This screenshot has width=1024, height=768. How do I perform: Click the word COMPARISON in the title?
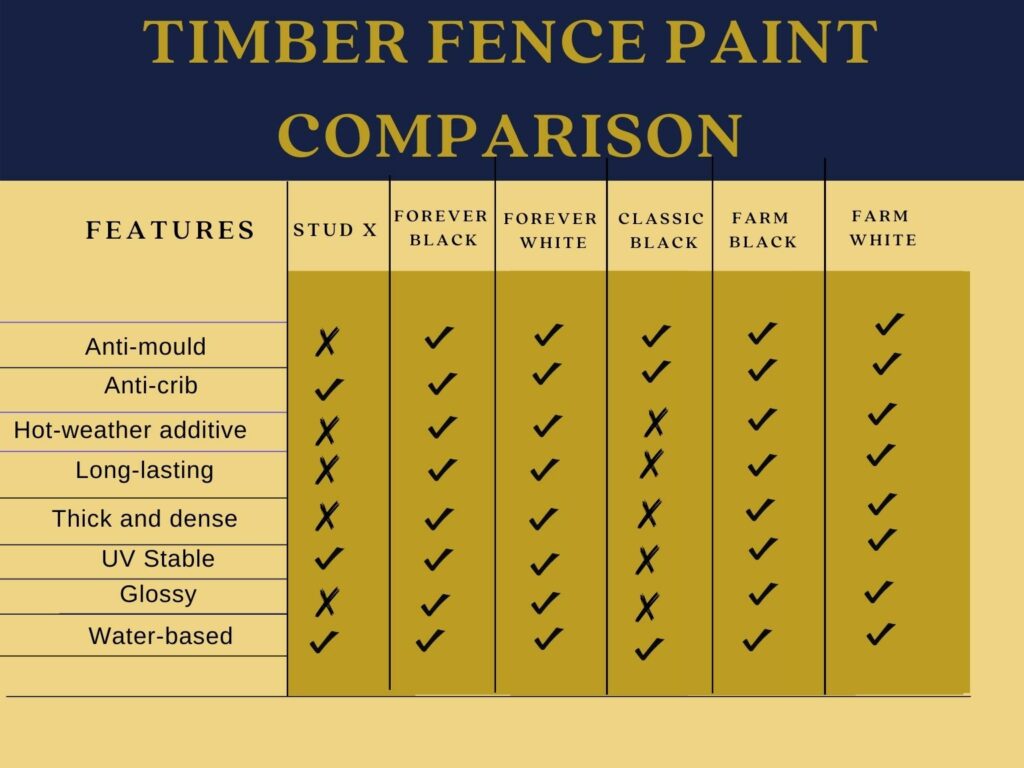click(x=510, y=135)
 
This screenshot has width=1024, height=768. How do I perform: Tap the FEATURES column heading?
click(x=170, y=231)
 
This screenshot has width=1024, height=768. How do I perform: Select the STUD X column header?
click(x=335, y=230)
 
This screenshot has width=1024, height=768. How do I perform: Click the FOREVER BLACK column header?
click(x=441, y=228)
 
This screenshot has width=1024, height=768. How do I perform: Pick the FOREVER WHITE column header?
click(x=551, y=231)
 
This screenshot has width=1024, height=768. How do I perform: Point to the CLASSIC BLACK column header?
click(x=662, y=231)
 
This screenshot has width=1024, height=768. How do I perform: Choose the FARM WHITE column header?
click(x=882, y=228)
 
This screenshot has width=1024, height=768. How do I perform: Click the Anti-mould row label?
click(x=146, y=346)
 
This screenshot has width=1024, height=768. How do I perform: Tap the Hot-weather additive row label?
click(x=130, y=430)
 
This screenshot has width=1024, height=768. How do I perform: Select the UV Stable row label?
click(x=158, y=558)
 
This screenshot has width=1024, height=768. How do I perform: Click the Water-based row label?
click(x=161, y=635)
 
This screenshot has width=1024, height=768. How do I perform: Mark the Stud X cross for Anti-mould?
click(x=327, y=342)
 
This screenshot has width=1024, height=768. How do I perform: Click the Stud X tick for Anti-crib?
click(x=328, y=389)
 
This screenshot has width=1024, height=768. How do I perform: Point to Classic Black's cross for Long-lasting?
click(x=651, y=464)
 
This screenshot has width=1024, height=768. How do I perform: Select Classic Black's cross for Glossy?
click(x=647, y=607)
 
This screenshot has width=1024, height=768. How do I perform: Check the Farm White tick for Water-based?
click(x=880, y=633)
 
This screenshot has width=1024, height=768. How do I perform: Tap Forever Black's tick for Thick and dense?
click(x=438, y=519)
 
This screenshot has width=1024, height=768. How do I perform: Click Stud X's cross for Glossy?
click(x=327, y=602)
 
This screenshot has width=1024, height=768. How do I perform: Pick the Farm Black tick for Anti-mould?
click(x=762, y=332)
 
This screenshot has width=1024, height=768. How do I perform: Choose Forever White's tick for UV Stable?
click(x=544, y=564)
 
